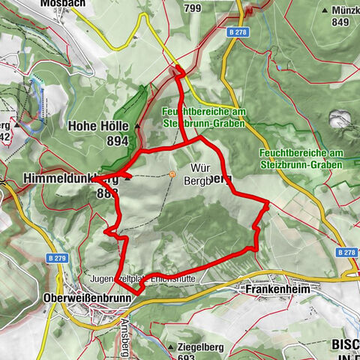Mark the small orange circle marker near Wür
[x=172, y=175]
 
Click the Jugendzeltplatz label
[x=113, y=276]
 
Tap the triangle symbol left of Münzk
[x=325, y=11]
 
